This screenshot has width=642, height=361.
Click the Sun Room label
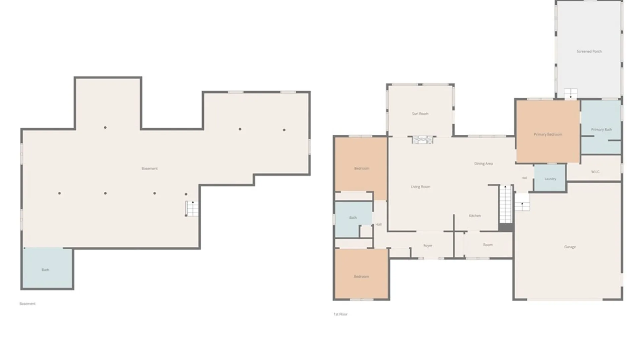pyautogui.click(x=420, y=114)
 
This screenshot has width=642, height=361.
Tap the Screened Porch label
pyautogui.click(x=589, y=51)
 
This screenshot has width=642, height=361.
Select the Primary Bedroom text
pyautogui.click(x=548, y=134)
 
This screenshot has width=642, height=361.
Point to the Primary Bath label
pyautogui.click(x=601, y=130)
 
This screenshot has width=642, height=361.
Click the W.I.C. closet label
pyautogui.click(x=596, y=172)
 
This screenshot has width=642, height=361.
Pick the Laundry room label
pyautogui.click(x=550, y=179)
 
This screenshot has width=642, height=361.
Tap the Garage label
pyautogui.click(x=570, y=247)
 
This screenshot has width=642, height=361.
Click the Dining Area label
pyautogui.click(x=484, y=164)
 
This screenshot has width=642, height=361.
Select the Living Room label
pyautogui.click(x=420, y=187)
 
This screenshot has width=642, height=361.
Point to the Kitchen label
pyautogui.click(x=475, y=216)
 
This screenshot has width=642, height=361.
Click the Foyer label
pyautogui.click(x=428, y=246)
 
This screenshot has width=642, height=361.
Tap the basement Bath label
pyautogui.click(x=45, y=270)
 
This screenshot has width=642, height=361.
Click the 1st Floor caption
pyautogui.click(x=340, y=314)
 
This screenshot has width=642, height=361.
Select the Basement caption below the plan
pyautogui.click(x=27, y=304)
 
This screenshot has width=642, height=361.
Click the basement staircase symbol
pyautogui.click(x=192, y=208)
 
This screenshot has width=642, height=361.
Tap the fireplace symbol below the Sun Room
pyautogui.click(x=423, y=140)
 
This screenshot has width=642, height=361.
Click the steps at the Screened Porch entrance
pyautogui.click(x=570, y=94)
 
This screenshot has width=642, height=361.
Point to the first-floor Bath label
pyautogui.click(x=353, y=218)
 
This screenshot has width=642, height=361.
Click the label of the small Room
pyautogui.click(x=488, y=245)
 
